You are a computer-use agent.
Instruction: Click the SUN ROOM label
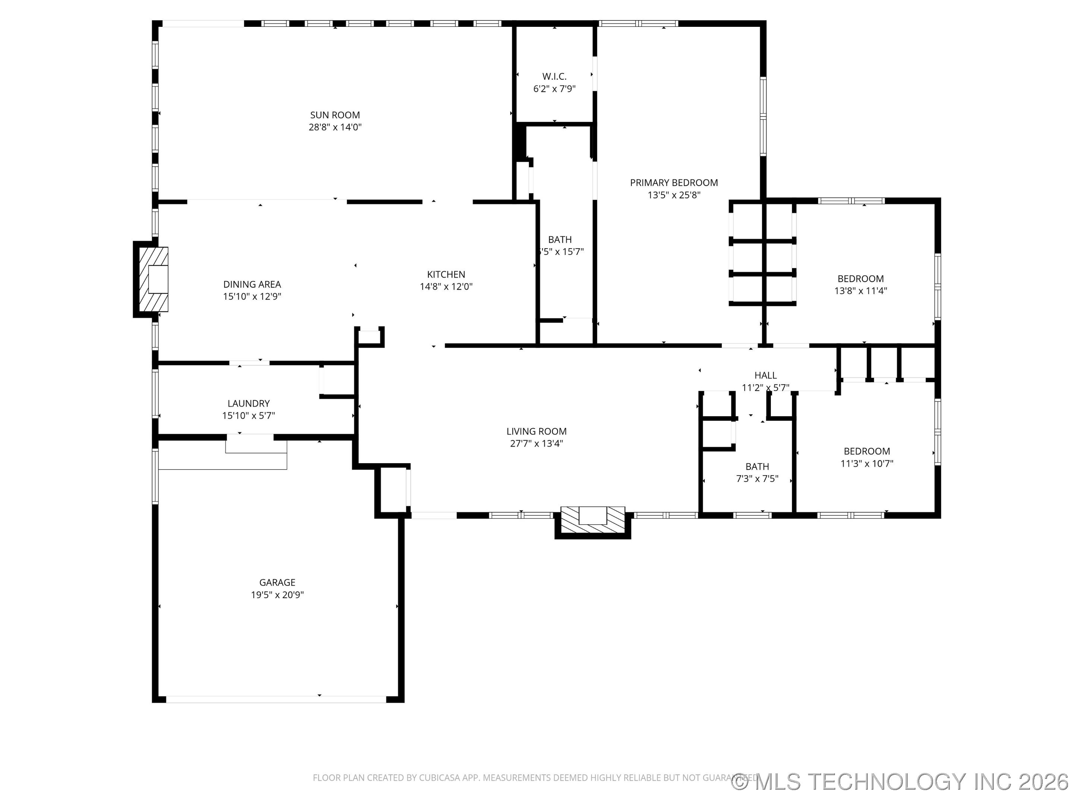[335, 115]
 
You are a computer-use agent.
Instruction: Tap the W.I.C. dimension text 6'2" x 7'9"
[554, 89]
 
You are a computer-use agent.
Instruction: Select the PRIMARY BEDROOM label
[673, 183]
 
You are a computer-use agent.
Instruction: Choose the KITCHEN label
[446, 274]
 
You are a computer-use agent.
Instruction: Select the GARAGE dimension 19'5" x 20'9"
[277, 595]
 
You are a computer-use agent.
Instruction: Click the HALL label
[765, 375]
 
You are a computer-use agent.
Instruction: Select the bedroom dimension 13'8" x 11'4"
[860, 291]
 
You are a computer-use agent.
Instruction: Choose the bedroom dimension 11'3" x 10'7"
[867, 463]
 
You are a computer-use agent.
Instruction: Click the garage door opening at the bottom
[276, 699]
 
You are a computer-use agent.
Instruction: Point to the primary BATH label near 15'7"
[559, 240]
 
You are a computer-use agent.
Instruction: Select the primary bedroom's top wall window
[638, 23]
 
